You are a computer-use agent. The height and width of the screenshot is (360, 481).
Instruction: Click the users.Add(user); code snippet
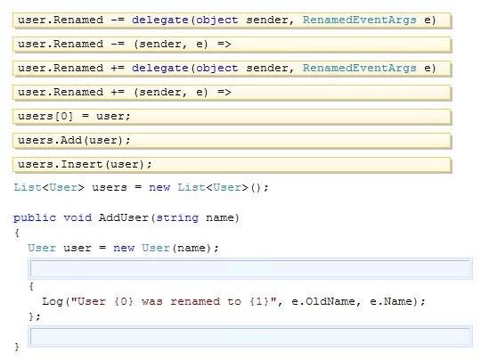(232, 141)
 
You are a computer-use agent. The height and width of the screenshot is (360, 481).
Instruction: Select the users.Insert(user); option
(232, 165)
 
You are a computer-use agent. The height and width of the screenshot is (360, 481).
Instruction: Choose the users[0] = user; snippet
(232, 117)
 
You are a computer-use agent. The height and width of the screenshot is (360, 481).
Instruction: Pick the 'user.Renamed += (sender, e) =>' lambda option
(232, 93)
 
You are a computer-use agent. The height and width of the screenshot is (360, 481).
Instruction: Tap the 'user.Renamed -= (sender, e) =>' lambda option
(232, 45)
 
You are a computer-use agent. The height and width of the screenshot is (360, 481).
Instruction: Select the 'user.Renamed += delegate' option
(232, 69)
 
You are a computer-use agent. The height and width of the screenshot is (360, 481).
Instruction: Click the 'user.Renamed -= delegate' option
(232, 20)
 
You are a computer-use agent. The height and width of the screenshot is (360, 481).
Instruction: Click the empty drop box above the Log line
(250, 269)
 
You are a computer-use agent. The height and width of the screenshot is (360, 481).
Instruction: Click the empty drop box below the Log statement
(250, 336)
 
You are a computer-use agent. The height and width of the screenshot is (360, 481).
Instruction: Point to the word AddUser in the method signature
(124, 217)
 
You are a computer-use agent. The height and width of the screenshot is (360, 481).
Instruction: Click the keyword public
(35, 218)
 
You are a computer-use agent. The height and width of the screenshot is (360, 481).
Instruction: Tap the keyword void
(77, 217)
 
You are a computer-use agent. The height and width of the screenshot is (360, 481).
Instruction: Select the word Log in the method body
(53, 302)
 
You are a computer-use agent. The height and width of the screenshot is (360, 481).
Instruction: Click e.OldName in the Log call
(323, 301)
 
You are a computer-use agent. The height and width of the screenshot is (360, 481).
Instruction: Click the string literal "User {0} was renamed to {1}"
(174, 301)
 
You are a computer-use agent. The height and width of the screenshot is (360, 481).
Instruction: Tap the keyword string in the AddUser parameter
(177, 218)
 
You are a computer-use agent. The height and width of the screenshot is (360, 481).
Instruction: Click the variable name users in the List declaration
(110, 187)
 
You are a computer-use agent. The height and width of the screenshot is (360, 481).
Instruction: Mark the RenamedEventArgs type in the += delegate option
(360, 68)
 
